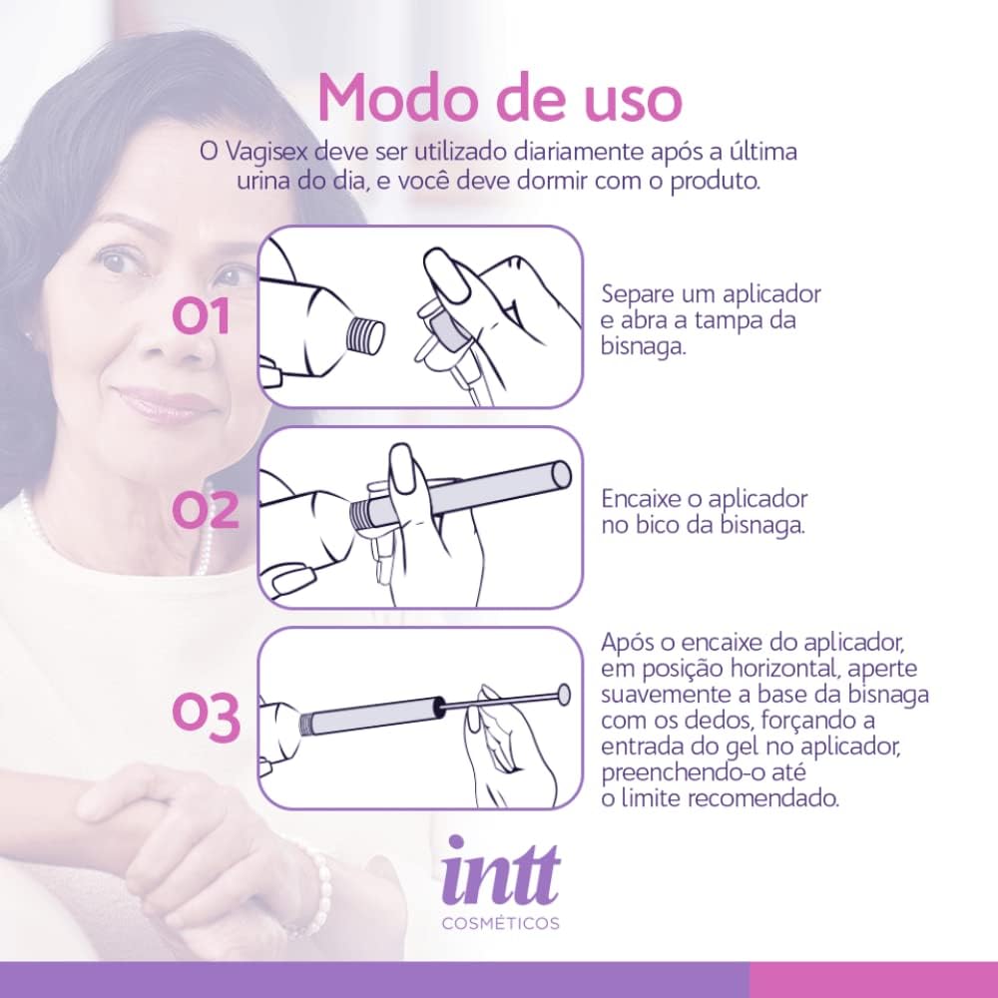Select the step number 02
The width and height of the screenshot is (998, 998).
coord(206,510)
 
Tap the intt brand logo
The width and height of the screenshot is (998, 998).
coord(500,870)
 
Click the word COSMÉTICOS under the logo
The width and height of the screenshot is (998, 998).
coord(501,923)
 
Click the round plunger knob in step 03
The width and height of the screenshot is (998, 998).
coord(563,695)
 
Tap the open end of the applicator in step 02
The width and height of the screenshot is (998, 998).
coord(561,474)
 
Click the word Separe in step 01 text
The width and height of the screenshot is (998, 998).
coord(638,294)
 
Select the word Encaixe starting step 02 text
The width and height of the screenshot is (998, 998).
coord(642,499)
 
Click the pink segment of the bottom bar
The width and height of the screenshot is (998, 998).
coord(873,980)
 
